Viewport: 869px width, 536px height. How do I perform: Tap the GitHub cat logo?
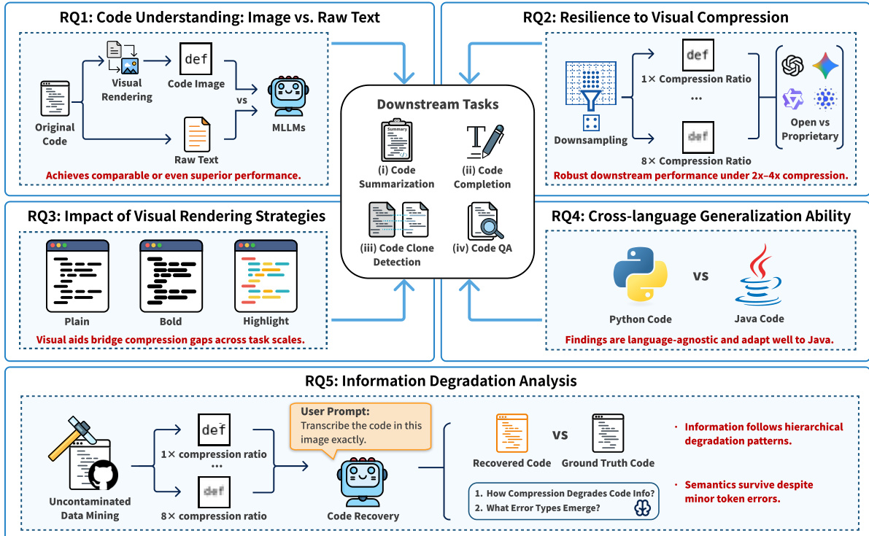coord(101,475)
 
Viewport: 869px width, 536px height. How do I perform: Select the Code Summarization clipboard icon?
coord(397,141)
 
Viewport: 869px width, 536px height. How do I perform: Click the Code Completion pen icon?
coord(485,141)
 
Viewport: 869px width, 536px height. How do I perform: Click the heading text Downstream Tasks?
coord(438,104)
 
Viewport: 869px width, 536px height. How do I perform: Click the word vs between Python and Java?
coord(700,276)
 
